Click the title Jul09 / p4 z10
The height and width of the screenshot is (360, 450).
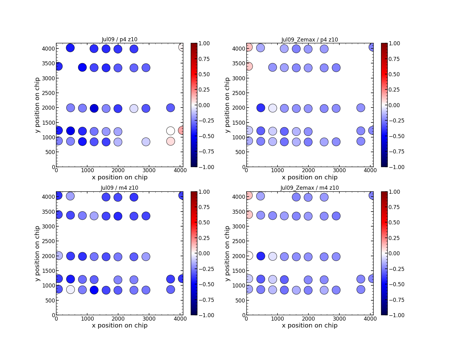tap(119, 39)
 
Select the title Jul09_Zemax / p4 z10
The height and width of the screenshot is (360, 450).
tap(309, 40)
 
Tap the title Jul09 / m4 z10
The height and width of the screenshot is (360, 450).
tap(119, 188)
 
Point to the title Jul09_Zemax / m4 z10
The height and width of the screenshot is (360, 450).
tap(309, 188)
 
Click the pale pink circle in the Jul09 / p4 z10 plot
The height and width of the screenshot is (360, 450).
tap(170, 141)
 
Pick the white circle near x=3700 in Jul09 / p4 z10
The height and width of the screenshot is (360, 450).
tap(170, 131)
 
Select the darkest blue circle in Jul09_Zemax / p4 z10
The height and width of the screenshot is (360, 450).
tap(261, 107)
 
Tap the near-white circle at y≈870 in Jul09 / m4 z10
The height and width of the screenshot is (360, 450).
tap(70, 289)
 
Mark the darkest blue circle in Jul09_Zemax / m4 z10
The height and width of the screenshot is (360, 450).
tap(261, 256)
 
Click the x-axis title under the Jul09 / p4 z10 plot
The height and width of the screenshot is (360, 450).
tap(119, 177)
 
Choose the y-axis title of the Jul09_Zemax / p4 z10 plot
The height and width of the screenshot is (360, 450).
tap(227, 105)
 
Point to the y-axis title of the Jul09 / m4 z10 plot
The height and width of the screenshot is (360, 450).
tap(37, 253)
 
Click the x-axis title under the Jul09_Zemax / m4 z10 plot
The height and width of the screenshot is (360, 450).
tap(309, 326)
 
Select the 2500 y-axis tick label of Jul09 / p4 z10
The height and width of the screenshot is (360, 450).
tap(48, 93)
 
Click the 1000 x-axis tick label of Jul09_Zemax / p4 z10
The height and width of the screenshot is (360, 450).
tap(277, 171)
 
